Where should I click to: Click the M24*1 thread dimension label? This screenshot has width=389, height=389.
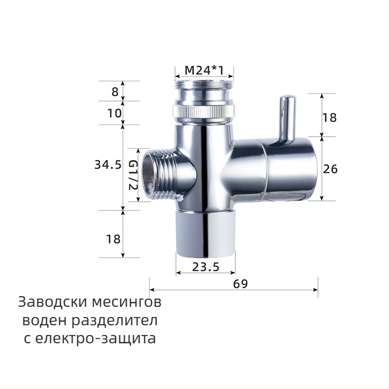pyautogui.click(x=204, y=71)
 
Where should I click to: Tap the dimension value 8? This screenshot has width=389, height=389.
pyautogui.click(x=115, y=91)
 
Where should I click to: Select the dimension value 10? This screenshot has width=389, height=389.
pyautogui.click(x=114, y=113)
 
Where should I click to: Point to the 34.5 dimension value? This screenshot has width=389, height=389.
pyautogui.click(x=107, y=165)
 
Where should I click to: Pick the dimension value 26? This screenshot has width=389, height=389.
pyautogui.click(x=331, y=169)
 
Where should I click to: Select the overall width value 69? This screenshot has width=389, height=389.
pyautogui.click(x=240, y=284)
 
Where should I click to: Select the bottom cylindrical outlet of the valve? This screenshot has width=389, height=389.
pyautogui.click(x=205, y=234)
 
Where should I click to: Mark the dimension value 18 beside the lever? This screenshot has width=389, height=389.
pyautogui.click(x=330, y=117)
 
